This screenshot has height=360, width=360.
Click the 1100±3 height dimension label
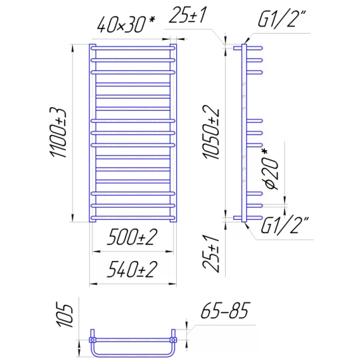coord(58,132)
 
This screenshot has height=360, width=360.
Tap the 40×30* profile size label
coord(125,24)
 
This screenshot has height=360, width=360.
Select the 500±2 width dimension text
coord(132,238)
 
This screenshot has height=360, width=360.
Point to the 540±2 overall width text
coord(132,269)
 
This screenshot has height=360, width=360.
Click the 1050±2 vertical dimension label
coord(211,132)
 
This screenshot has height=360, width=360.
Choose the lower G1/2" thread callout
coord(284,225)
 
